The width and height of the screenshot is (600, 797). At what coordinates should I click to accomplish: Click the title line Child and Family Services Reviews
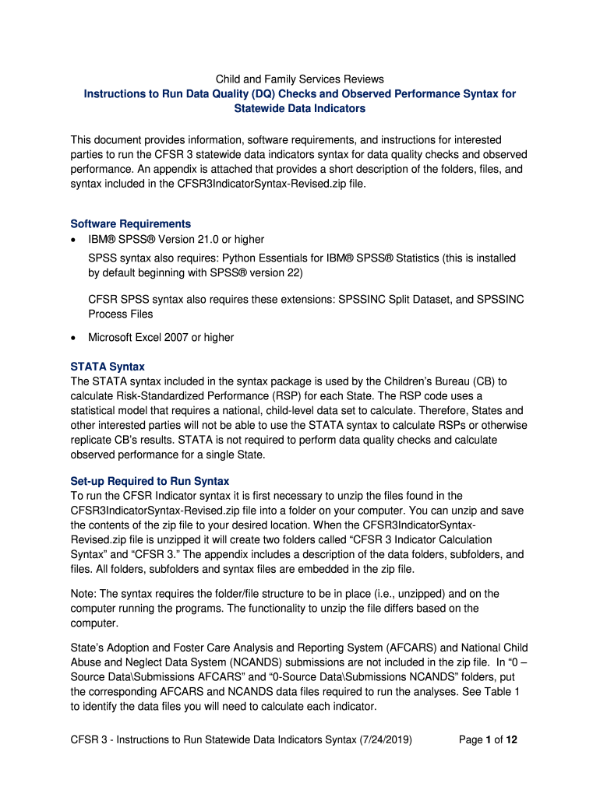coord(300,79)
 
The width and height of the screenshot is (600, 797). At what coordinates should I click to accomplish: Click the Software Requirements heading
coord(130,223)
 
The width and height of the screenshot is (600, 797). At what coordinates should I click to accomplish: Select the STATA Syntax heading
coord(108,366)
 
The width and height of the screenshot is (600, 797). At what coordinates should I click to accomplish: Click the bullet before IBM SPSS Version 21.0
coord(73,240)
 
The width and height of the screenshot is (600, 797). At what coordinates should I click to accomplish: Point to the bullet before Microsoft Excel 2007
coord(73,338)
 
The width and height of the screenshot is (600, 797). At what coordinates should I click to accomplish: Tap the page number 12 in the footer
coord(511,739)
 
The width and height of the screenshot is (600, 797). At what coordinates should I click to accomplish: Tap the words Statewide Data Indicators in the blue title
coord(300,108)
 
